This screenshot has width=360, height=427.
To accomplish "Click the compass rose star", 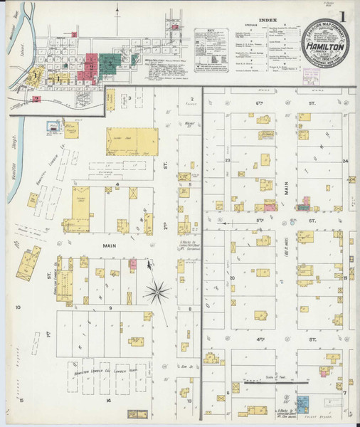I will click(157, 290).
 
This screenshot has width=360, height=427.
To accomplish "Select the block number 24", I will click(344, 161).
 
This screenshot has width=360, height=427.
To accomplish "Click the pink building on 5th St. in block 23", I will click(270, 207).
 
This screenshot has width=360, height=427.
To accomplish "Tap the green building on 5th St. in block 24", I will click(304, 208).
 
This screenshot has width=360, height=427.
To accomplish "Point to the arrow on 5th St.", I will click(222, 222).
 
